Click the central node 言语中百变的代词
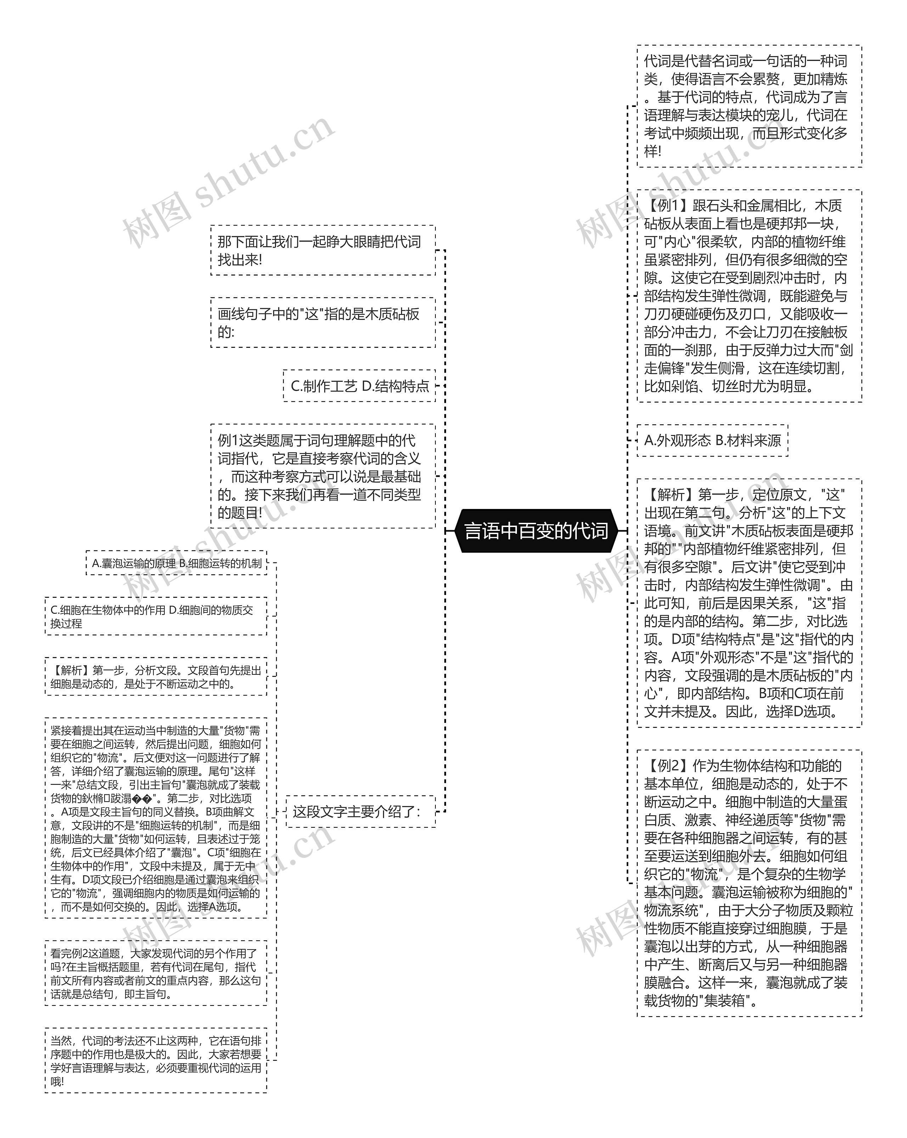point(536,531)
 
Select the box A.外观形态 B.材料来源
point(712,440)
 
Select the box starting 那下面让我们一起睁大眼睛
point(322,251)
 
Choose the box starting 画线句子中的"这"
point(322,323)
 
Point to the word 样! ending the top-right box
point(653,152)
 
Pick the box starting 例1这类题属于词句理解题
point(322,476)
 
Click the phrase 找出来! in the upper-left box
point(240,260)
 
